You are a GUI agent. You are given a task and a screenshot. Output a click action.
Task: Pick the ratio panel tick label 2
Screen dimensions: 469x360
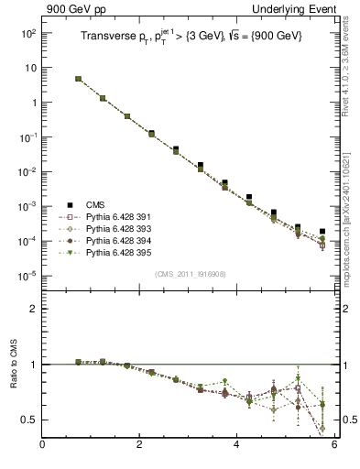pos(32,309)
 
